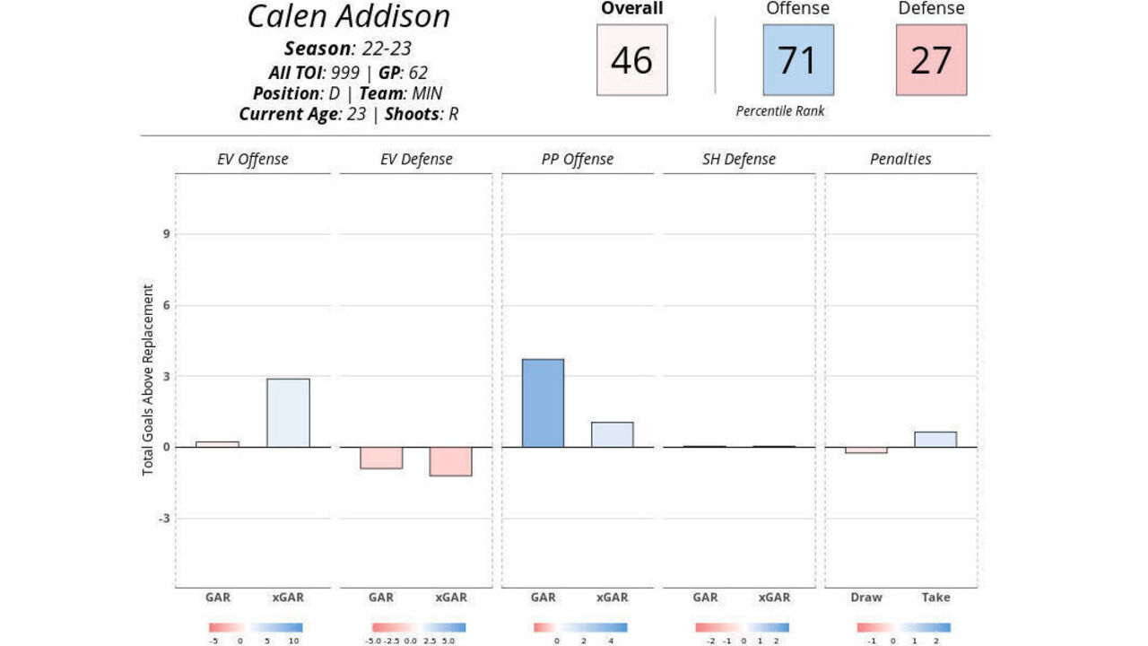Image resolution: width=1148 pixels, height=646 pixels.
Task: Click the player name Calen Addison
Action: tap(349, 17)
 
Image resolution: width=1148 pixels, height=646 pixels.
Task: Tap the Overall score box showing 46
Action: tap(631, 60)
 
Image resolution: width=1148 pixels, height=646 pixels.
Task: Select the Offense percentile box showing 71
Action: tap(797, 60)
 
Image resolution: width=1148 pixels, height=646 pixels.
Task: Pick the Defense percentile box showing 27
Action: tap(931, 60)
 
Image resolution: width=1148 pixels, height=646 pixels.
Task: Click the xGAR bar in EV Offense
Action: tap(288, 413)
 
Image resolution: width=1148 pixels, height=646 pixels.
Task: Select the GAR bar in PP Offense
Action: tap(544, 403)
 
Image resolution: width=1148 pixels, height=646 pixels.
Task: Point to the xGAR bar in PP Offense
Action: tap(613, 434)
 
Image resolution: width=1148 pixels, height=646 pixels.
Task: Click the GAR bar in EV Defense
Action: tap(381, 458)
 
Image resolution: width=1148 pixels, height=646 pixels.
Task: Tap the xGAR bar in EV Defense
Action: tap(450, 461)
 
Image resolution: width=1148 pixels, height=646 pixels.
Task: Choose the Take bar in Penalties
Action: tap(935, 440)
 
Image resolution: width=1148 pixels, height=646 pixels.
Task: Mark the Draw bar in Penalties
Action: tap(866, 450)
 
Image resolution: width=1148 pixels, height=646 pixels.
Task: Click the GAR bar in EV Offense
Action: tap(218, 444)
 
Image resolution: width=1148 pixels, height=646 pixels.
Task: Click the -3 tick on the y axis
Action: tap(164, 519)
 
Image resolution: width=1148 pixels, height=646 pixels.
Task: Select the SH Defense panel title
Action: tap(739, 160)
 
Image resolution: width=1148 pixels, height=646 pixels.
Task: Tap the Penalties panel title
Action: tap(900, 160)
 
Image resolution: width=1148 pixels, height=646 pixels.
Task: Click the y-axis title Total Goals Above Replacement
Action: tap(149, 380)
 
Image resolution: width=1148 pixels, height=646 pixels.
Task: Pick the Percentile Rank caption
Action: tap(780, 111)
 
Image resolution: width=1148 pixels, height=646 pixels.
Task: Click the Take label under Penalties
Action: tap(935, 598)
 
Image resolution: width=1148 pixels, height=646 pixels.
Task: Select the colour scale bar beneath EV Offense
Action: tap(256, 628)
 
